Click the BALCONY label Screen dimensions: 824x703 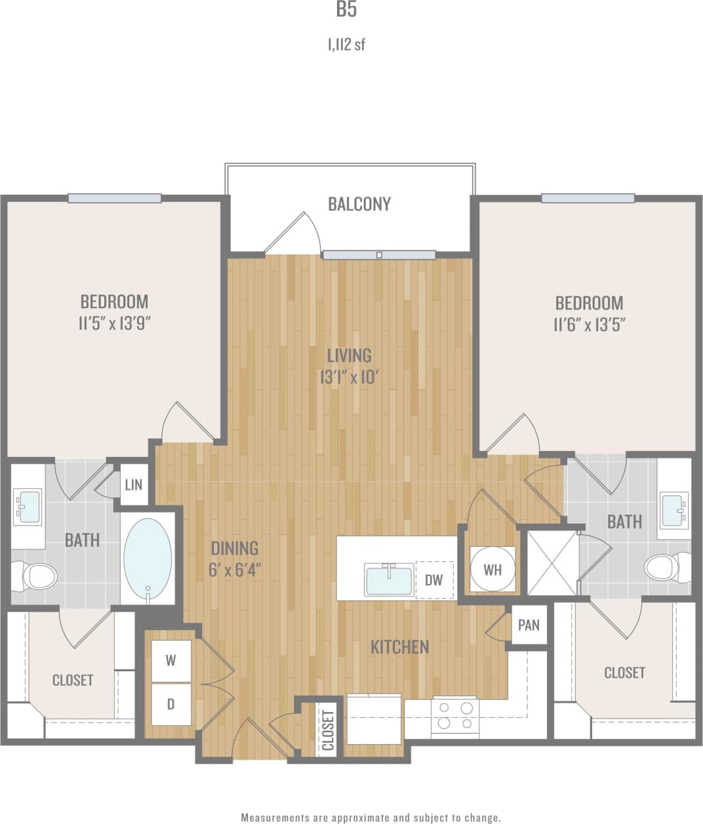point(359,204)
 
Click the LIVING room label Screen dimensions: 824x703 point(349,356)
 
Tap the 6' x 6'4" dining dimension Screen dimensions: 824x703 point(235,570)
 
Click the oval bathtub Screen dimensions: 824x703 point(148,560)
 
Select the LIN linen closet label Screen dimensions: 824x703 point(134,485)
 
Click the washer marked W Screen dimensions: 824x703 point(171,661)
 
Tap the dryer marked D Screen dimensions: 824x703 point(171,704)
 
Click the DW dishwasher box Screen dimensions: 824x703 point(434,579)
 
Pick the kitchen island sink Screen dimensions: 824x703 point(390,579)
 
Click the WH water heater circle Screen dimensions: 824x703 point(492,569)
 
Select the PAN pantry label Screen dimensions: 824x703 point(529,625)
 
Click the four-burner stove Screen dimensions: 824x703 point(455,715)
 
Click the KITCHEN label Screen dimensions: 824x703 point(400,648)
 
